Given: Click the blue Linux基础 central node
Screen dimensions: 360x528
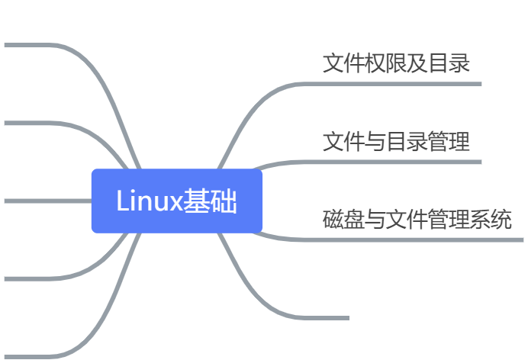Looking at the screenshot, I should (x=177, y=201).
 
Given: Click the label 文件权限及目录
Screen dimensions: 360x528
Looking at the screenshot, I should (x=396, y=63).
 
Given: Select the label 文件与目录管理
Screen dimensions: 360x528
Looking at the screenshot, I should (x=396, y=142).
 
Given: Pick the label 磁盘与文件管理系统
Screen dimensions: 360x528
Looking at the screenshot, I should (x=417, y=220).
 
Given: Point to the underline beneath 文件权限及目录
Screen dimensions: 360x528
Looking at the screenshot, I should (x=397, y=84).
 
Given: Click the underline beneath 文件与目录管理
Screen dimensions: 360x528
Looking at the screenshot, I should (x=397, y=162).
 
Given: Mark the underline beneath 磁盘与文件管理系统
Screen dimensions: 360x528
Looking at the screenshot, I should (x=412, y=240).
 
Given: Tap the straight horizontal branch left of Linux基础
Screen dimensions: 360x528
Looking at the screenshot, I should (x=46, y=201).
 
